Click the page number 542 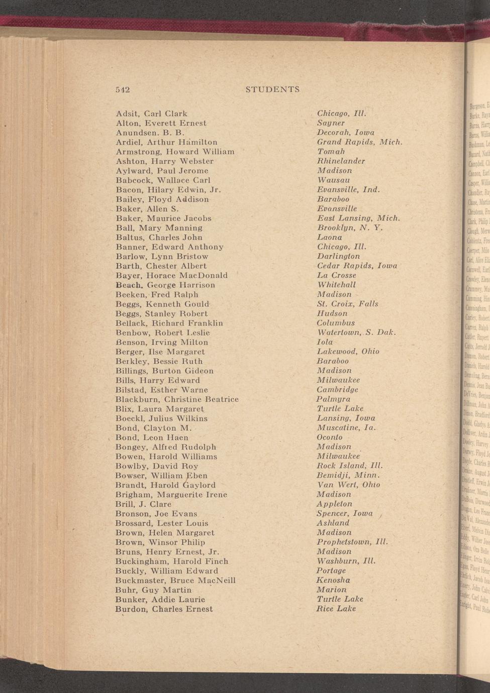(123, 90)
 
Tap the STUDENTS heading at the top (272, 89)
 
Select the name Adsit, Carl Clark (151, 114)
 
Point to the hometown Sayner (331, 123)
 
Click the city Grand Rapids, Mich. (359, 142)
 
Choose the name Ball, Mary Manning (159, 228)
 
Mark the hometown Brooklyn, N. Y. (350, 227)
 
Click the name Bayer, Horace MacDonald (171, 276)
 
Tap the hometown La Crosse (336, 275)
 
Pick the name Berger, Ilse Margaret (160, 352)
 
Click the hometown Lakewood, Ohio (348, 352)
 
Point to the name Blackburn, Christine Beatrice (177, 400)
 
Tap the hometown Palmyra (333, 399)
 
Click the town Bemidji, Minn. (348, 475)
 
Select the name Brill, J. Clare (143, 504)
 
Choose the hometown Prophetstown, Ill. (352, 542)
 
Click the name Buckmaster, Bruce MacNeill (175, 581)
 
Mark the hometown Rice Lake (336, 609)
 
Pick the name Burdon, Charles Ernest (164, 609)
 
